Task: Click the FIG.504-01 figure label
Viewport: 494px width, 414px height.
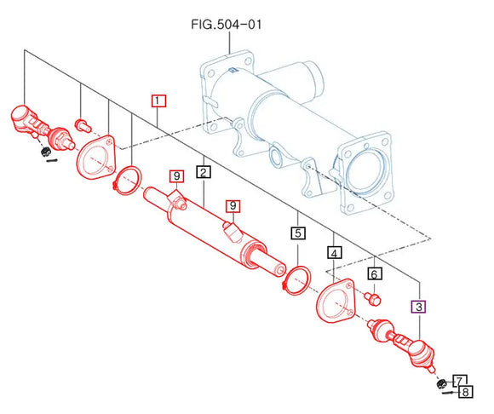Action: click(x=227, y=24)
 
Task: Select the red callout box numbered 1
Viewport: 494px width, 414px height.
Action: click(x=158, y=101)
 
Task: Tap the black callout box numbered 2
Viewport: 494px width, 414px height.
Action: click(x=204, y=172)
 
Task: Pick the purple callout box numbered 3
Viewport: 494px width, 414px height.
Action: click(x=419, y=307)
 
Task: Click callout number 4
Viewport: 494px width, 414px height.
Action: click(x=334, y=253)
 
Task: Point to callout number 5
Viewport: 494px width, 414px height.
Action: click(x=298, y=233)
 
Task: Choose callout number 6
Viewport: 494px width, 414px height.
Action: click(x=374, y=273)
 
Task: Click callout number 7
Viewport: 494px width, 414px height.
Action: click(x=460, y=381)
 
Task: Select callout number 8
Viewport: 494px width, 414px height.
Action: click(x=466, y=392)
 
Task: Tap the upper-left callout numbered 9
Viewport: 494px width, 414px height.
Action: click(x=176, y=176)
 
